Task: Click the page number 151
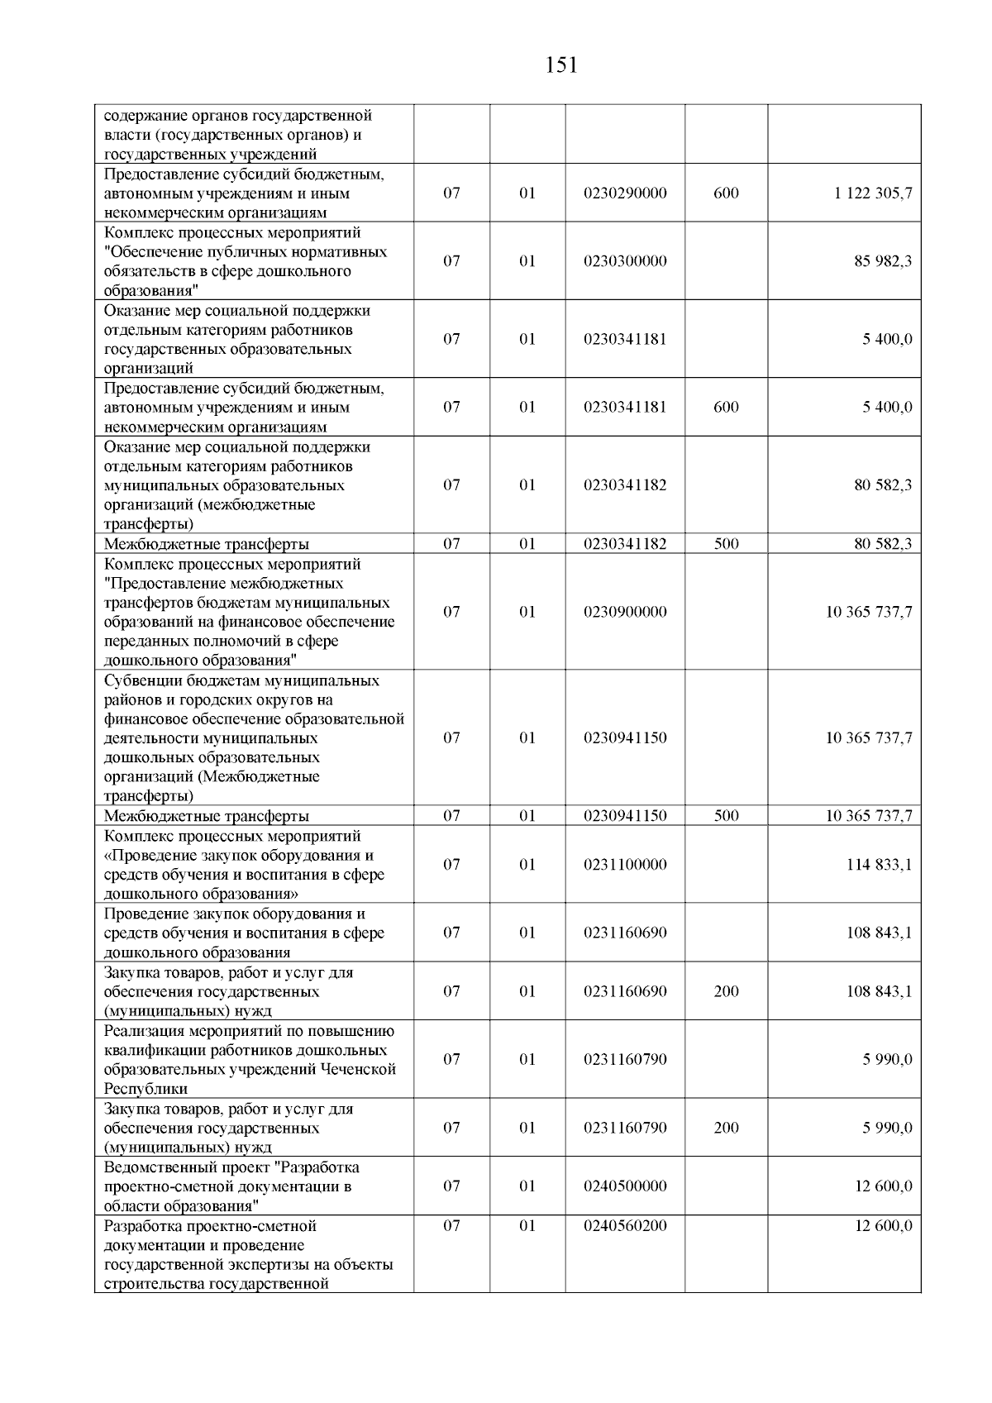(x=562, y=65)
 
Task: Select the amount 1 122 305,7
(x=873, y=193)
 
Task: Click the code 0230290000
(x=625, y=193)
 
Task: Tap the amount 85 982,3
(x=883, y=261)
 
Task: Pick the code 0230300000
(x=625, y=261)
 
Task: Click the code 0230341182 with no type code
(x=625, y=485)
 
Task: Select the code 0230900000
(x=625, y=612)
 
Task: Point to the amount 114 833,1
(x=879, y=865)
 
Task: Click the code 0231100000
(x=625, y=865)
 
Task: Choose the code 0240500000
(x=625, y=1186)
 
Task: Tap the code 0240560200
(x=625, y=1226)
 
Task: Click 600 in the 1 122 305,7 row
(x=726, y=193)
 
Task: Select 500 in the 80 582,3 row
(x=726, y=544)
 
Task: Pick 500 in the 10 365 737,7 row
(x=726, y=816)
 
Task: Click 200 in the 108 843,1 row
(x=726, y=991)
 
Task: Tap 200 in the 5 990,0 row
(x=726, y=1128)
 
